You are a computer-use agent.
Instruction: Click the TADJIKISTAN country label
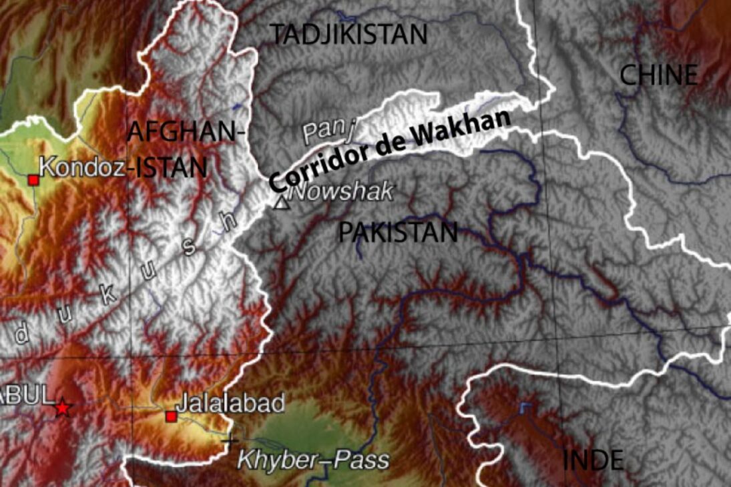(348, 33)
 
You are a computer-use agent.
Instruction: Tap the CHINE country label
(659, 75)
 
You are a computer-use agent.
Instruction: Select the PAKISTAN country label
(398, 233)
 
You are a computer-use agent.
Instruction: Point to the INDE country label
(593, 460)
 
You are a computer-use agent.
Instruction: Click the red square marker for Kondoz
(33, 179)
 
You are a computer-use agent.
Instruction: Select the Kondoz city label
(83, 167)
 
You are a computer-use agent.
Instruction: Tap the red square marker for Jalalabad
(171, 416)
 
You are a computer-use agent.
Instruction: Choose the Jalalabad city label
(230, 403)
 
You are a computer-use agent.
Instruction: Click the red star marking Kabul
(62, 407)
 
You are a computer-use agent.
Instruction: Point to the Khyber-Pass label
(313, 460)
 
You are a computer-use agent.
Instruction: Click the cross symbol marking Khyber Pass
(230, 440)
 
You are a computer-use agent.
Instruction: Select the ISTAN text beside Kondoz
(171, 167)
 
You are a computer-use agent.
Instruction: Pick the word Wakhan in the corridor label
(473, 127)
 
